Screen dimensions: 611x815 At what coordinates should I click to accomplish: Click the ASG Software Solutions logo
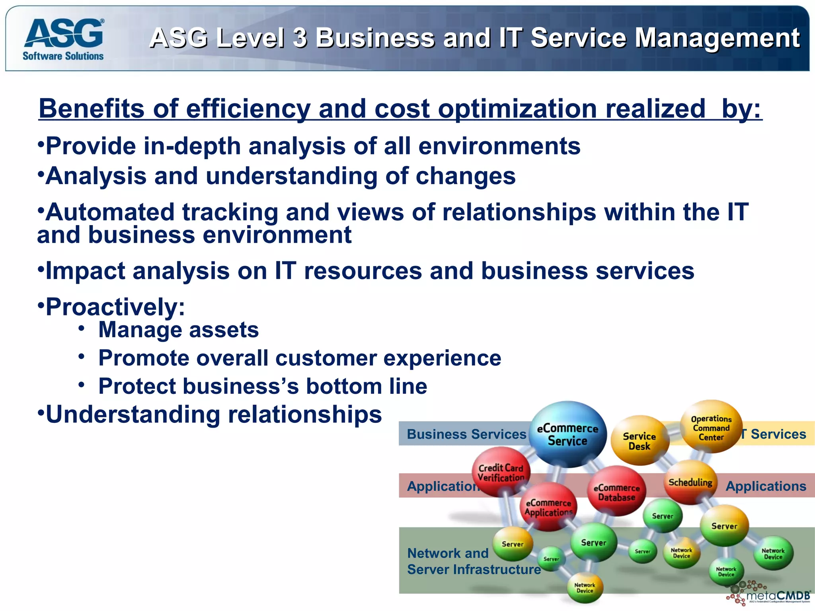tap(64, 39)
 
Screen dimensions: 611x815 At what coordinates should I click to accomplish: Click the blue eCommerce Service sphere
tap(567, 434)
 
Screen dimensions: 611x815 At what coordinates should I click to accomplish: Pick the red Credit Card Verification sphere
tap(501, 472)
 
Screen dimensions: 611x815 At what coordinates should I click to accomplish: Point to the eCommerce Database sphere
tap(616, 492)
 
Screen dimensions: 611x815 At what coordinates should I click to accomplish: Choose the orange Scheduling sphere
tap(690, 483)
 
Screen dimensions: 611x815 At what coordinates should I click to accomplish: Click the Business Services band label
tap(466, 434)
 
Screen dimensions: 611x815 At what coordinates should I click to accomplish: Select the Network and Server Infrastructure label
tap(474, 561)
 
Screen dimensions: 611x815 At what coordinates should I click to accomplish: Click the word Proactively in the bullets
tap(115, 307)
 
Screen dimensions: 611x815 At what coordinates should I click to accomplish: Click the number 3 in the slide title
tap(299, 38)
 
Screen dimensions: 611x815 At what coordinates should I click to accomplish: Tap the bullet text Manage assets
tap(178, 330)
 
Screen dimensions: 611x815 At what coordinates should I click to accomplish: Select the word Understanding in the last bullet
tap(133, 414)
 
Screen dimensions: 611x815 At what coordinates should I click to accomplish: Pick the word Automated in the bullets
tap(110, 212)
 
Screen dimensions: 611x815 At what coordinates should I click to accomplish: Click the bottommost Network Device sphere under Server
tap(585, 588)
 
